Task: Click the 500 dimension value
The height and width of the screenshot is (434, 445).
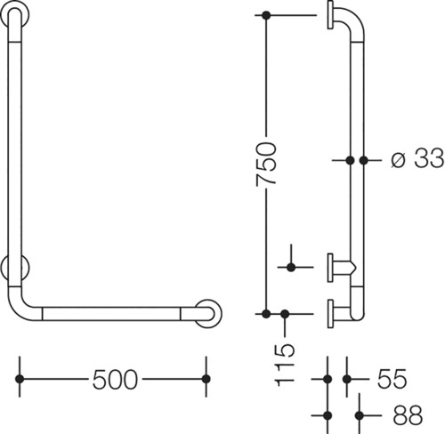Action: click(115, 380)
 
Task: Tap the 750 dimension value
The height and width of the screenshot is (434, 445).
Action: click(266, 164)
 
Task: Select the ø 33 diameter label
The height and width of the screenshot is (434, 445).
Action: click(417, 158)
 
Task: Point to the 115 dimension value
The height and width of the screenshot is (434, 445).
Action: click(285, 366)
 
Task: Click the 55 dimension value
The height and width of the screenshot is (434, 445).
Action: click(392, 379)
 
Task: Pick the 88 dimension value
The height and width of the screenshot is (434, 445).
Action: click(408, 415)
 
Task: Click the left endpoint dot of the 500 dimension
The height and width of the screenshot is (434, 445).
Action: click(20, 379)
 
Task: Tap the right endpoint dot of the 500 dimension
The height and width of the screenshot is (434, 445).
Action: click(206, 379)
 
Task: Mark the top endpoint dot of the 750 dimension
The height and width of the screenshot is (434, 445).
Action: click(266, 15)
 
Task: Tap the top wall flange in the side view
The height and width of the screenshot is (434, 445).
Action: click(330, 15)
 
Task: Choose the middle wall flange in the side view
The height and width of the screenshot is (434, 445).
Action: click(330, 268)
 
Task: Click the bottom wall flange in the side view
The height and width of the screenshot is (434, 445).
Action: click(330, 314)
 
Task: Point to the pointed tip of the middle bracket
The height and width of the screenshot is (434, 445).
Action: click(355, 268)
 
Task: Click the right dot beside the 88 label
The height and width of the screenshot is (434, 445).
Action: click(360, 415)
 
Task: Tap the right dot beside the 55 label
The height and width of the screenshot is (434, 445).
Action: click(347, 379)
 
